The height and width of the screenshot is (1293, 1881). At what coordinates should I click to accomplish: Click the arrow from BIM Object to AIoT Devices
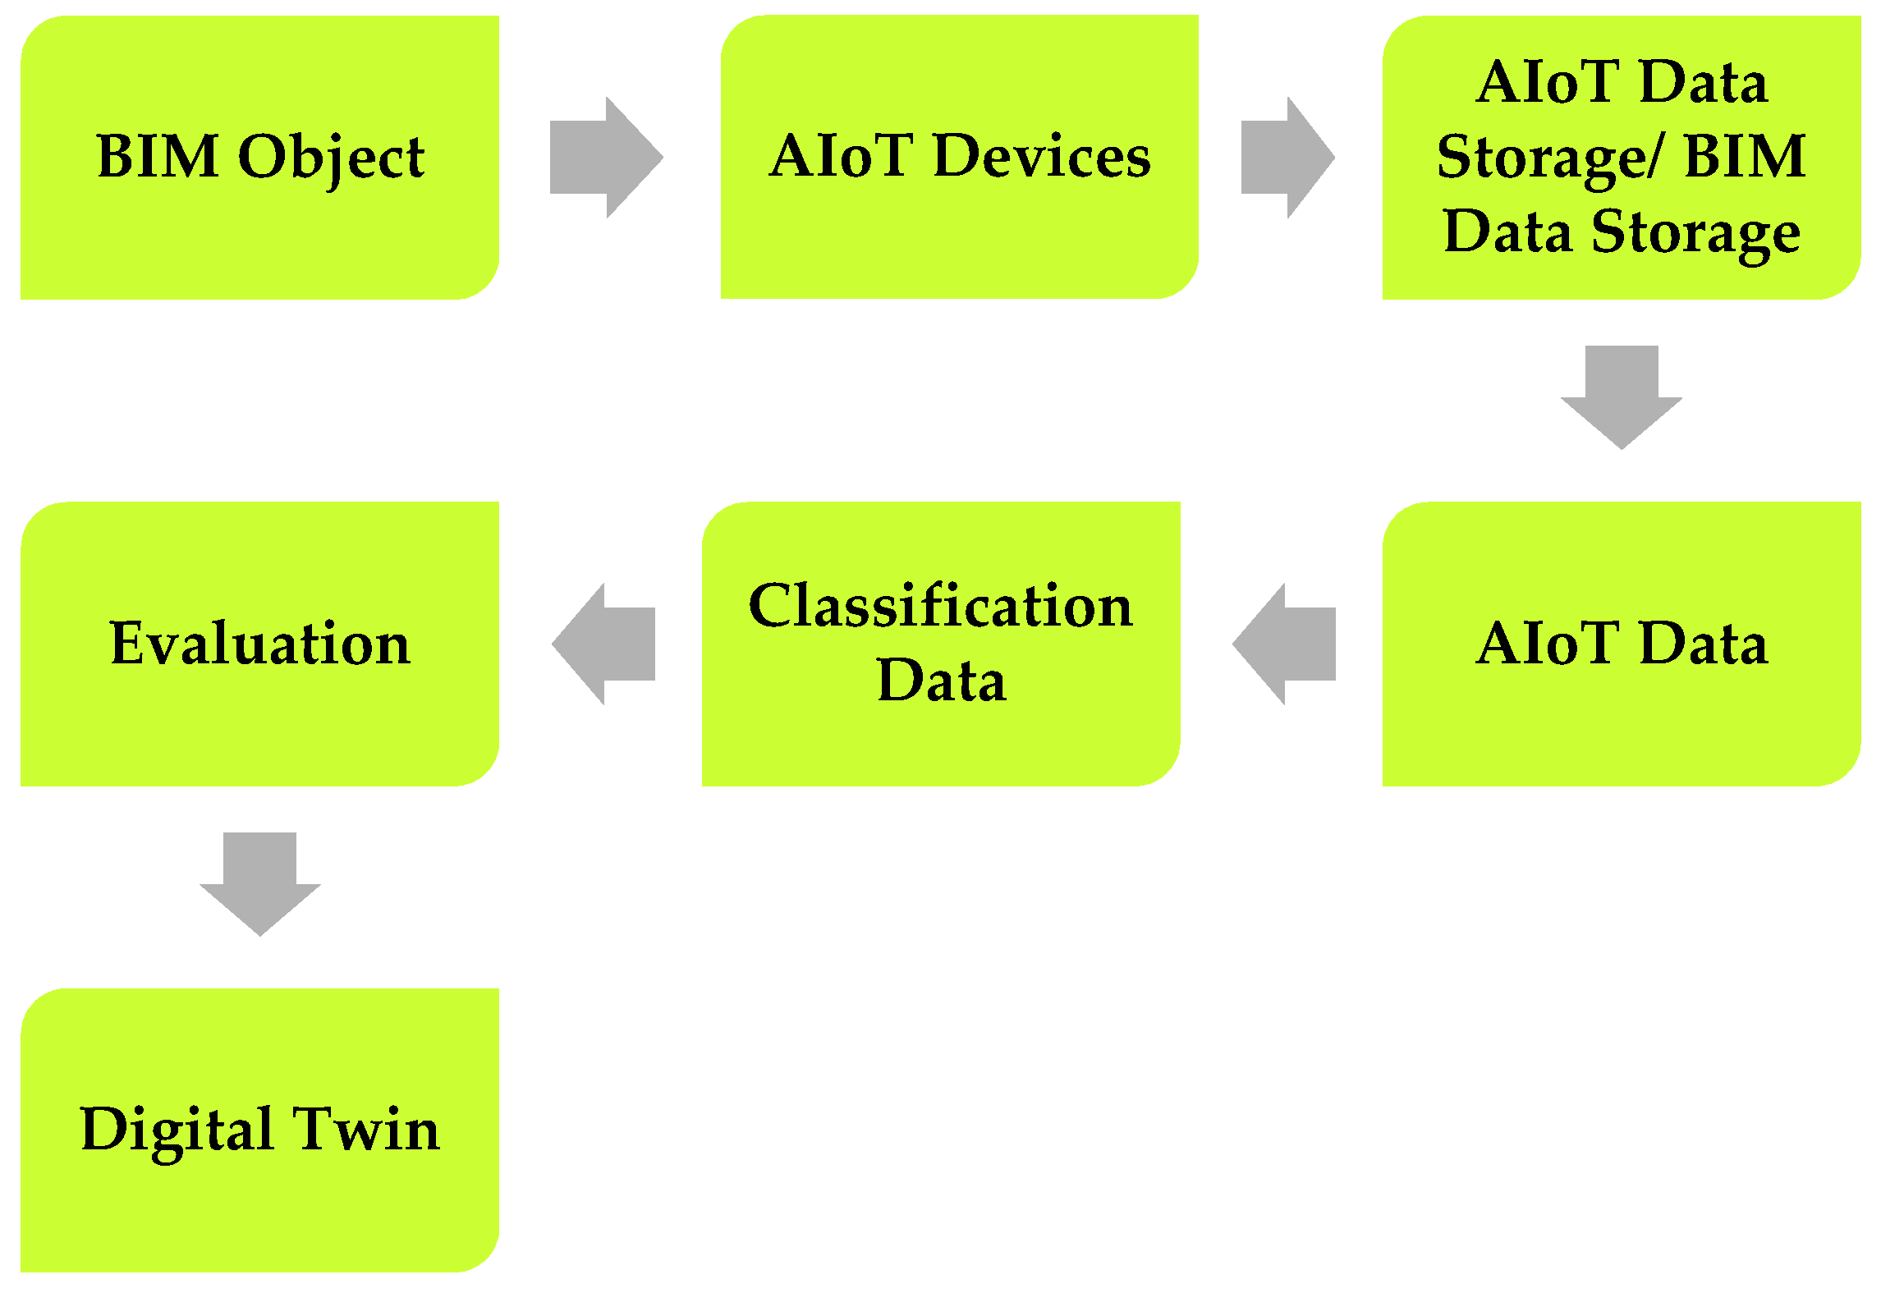click(x=606, y=158)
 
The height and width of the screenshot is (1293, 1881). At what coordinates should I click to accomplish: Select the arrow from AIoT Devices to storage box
click(x=1287, y=158)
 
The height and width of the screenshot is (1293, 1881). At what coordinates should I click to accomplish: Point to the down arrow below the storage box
click(x=1621, y=397)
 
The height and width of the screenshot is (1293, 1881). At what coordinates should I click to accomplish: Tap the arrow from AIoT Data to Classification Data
click(x=1285, y=644)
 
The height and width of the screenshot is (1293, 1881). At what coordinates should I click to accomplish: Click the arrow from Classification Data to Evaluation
click(x=604, y=644)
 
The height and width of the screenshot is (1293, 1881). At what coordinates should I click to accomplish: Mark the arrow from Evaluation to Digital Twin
click(x=259, y=883)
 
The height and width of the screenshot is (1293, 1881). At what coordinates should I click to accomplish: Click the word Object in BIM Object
click(x=331, y=158)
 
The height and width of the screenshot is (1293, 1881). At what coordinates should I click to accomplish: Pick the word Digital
click(x=177, y=1130)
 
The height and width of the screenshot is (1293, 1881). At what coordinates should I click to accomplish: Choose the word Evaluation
click(x=259, y=644)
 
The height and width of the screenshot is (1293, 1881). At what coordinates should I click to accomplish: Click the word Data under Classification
click(x=941, y=681)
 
